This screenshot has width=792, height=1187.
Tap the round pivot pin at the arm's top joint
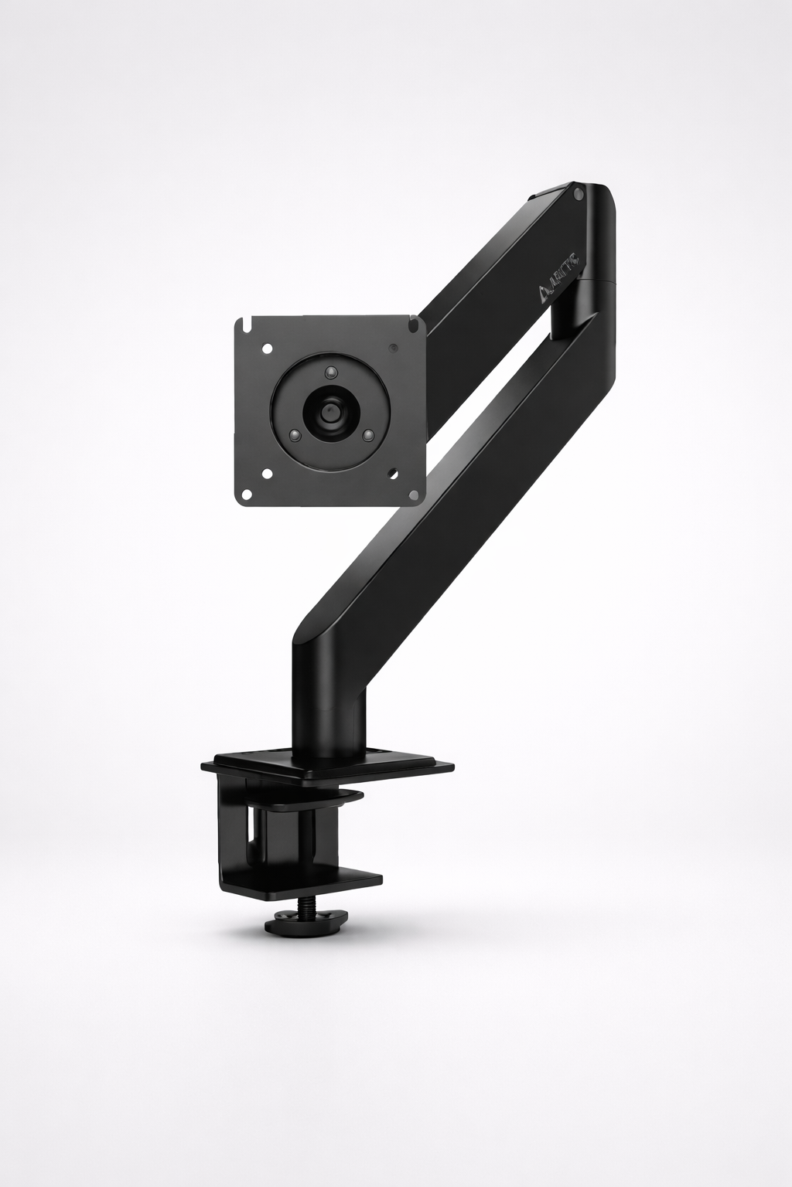(579, 196)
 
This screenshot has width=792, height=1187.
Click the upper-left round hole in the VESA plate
(268, 349)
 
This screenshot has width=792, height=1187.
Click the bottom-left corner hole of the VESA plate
(267, 473)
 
